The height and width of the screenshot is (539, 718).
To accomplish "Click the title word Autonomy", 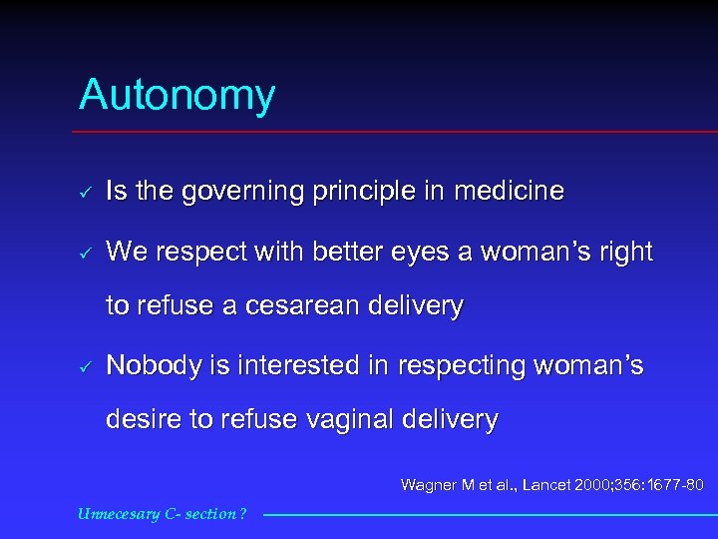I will tap(177, 96).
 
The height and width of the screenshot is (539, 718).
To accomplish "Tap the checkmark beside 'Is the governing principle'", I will tap(87, 191).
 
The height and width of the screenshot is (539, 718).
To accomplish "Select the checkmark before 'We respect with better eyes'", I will tap(87, 254).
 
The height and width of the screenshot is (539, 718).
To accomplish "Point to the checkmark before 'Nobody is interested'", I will tap(87, 367).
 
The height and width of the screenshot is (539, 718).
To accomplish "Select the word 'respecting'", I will tap(464, 367).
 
